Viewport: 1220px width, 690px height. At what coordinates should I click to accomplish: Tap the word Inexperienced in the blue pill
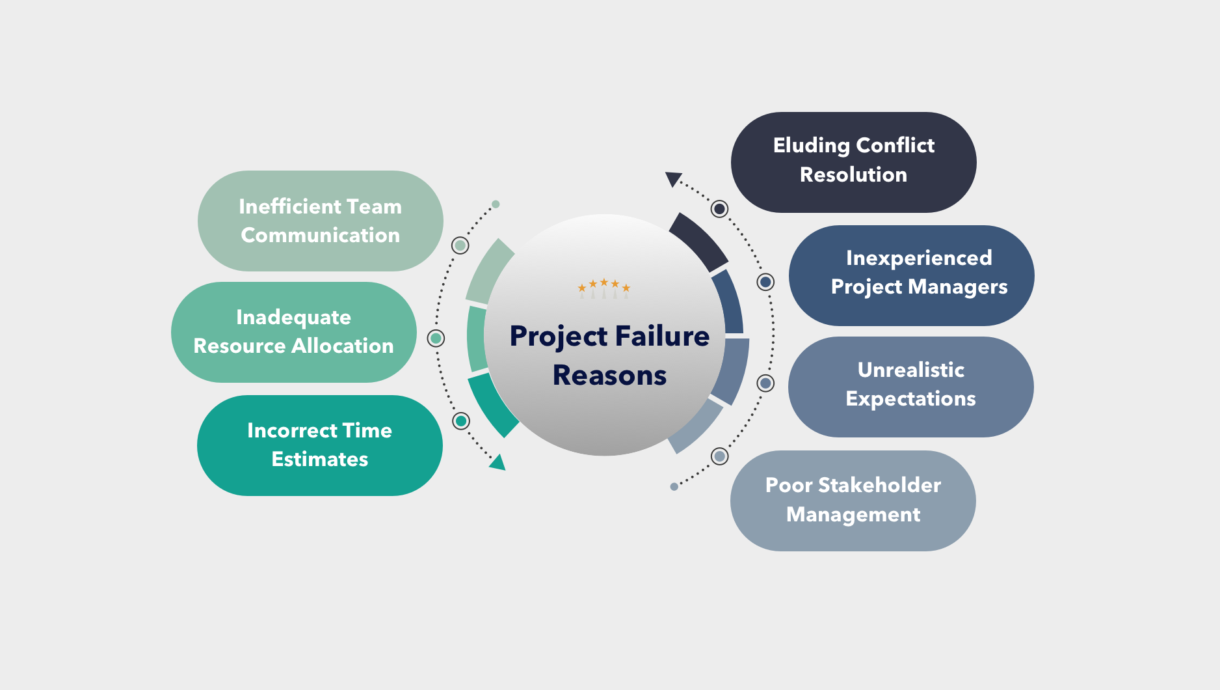point(918,258)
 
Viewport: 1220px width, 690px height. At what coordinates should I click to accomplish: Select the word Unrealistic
point(910,370)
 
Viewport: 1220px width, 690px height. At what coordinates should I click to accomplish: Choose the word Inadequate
point(293,317)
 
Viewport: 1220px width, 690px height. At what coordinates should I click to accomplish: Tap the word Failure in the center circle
point(661,336)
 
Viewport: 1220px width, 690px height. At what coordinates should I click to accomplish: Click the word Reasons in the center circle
point(609,376)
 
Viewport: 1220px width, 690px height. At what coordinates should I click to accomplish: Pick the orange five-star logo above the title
point(604,286)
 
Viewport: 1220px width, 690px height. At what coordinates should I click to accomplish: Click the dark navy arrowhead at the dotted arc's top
point(673,178)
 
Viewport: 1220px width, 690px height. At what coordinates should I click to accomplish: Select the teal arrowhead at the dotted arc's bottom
point(498,462)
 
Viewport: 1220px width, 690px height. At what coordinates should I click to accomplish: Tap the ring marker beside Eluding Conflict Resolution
point(719,209)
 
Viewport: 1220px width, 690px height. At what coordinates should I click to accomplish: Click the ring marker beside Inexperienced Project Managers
point(766,282)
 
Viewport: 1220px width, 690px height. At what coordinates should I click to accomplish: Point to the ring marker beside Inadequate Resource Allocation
point(436,338)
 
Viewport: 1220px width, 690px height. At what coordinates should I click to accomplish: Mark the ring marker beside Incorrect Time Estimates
point(461,421)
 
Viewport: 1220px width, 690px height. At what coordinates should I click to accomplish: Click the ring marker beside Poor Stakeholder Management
point(719,456)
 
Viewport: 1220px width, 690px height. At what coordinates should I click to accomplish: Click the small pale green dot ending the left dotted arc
point(496,204)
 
